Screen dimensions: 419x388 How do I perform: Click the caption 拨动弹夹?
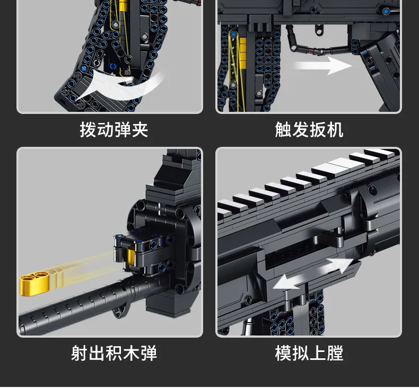pos(114,130)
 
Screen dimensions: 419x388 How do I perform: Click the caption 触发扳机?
pos(309,130)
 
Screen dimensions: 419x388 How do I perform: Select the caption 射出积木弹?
pos(114,353)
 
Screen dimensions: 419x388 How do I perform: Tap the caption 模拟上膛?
pos(309,353)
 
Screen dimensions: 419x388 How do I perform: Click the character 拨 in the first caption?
pos(88,130)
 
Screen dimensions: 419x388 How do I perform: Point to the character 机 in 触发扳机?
pos(335,130)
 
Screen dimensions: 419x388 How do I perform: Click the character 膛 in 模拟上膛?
pos(335,353)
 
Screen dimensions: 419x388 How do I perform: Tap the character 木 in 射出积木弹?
pos(131,353)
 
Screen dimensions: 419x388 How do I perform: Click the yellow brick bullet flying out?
pos(34,284)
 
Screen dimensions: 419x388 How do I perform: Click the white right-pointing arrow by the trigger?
pos(322,65)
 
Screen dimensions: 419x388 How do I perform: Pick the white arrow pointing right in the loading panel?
pos(338,266)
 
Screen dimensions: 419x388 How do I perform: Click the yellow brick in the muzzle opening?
pos(131,255)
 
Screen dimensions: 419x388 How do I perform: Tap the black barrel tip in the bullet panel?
pos(29,324)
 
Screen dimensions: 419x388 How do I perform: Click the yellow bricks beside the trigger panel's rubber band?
pos(242,52)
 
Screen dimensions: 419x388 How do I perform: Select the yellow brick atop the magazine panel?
pos(123,5)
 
